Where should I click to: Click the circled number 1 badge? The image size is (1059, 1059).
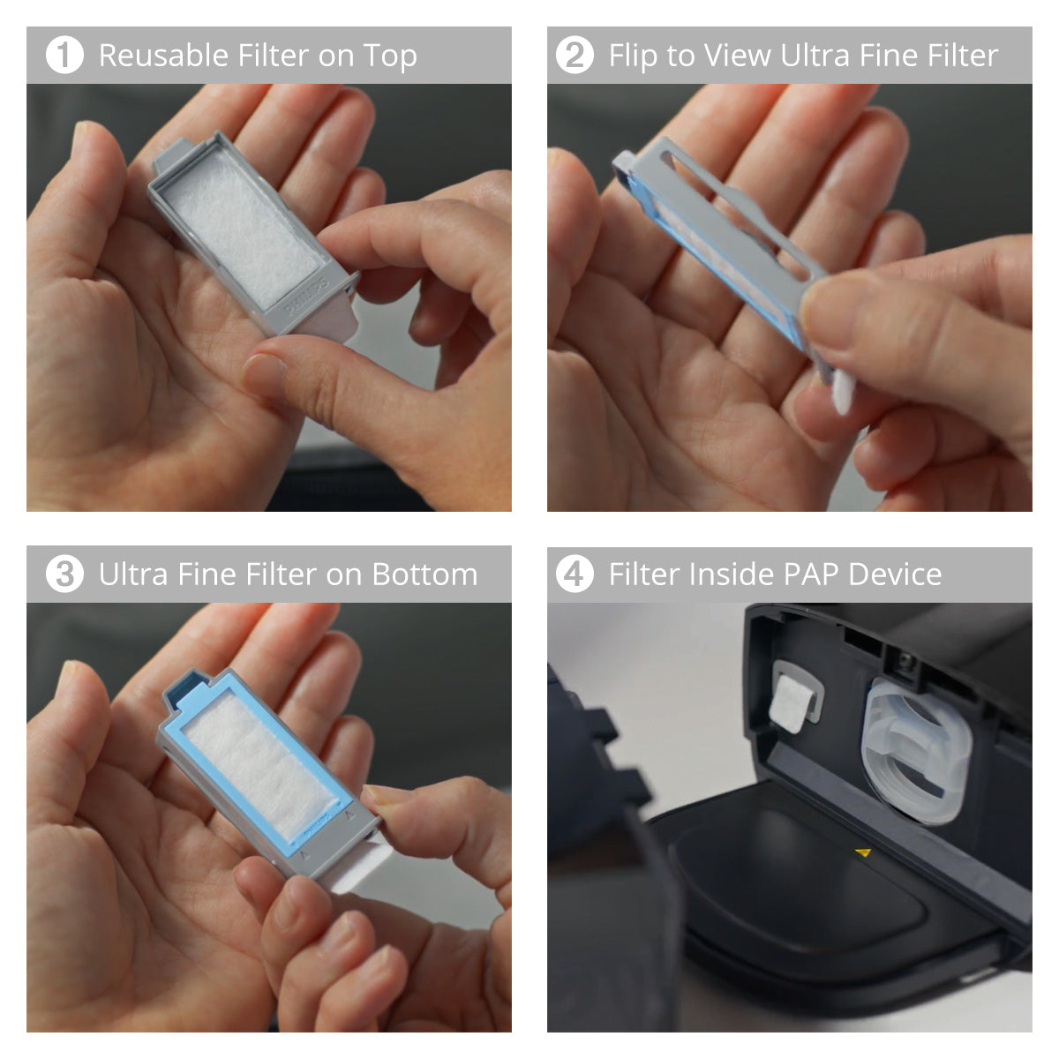point(64,56)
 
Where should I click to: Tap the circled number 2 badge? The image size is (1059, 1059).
point(574,56)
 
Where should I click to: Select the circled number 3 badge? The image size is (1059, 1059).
point(64,575)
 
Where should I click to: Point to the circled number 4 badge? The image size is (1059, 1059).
point(574,575)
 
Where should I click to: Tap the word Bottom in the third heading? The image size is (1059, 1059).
point(424,575)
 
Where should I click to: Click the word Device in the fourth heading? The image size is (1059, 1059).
point(895,575)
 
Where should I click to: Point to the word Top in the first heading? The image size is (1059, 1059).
point(390,56)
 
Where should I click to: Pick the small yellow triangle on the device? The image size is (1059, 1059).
point(864,852)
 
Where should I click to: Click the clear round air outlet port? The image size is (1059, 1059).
point(916,754)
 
